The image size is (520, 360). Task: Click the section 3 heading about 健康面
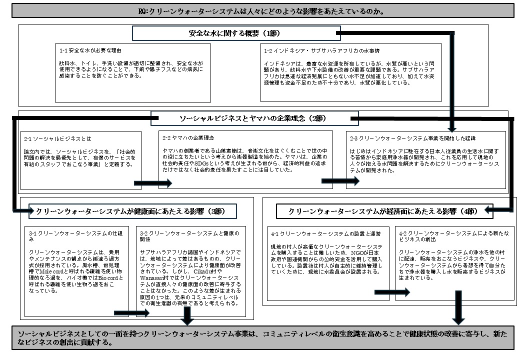pyautogui.click(x=130, y=211)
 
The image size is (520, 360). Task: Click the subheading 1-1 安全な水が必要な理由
pyautogui.click(x=90, y=50)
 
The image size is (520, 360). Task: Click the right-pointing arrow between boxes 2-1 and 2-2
pyautogui.click(x=158, y=182)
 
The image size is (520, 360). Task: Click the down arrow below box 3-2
pyautogui.click(x=187, y=315)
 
